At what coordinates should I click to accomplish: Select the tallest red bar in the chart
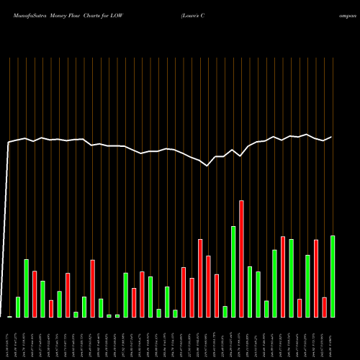241,259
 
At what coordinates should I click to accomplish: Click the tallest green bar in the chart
233,272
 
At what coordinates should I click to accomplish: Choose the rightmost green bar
333,276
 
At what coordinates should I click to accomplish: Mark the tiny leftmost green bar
10,316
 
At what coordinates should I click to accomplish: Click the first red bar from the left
35,294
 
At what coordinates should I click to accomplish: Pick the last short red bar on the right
325,307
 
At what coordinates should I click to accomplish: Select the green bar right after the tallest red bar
250,292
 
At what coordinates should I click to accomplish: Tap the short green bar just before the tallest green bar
225,312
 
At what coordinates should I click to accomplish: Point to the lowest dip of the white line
207,166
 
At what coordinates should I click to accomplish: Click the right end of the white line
331,137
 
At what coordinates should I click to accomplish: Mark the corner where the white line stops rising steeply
9,143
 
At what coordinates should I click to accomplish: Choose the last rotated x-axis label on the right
333,338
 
